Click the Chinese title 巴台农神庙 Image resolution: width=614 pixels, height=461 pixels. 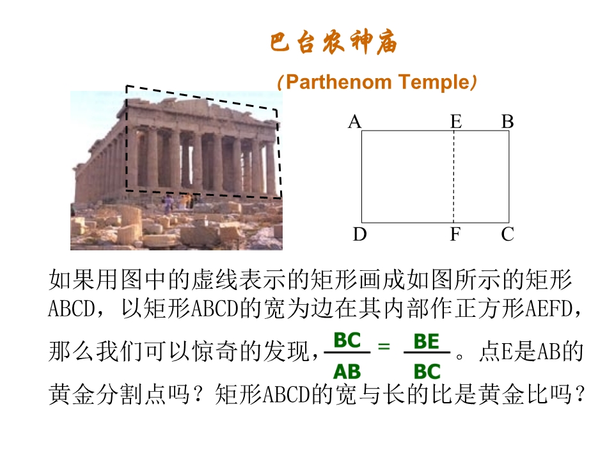point(334,42)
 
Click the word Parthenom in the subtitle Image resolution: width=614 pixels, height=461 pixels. point(339,82)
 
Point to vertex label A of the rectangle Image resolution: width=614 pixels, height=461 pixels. point(355,122)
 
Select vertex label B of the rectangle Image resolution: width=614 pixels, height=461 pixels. point(507,122)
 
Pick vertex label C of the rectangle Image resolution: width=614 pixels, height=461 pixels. point(507,234)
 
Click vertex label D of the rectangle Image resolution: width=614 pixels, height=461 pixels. point(360,234)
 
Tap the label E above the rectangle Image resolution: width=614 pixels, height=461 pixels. point(456,122)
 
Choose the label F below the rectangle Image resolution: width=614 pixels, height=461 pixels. point(455,234)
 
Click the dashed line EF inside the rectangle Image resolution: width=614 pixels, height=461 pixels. point(454,177)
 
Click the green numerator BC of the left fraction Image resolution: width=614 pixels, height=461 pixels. point(347,340)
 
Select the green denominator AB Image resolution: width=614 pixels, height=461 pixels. point(347,371)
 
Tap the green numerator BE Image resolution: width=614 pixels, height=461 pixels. point(427,341)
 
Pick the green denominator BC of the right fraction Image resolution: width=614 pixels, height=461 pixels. point(427,371)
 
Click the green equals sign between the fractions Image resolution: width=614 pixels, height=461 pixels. point(384,346)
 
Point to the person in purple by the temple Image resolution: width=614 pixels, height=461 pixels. point(168,204)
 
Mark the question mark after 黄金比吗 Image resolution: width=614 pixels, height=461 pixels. point(578,394)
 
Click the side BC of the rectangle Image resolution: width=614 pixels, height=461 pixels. point(508,177)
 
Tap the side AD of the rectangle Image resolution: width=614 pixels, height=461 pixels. point(361,177)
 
